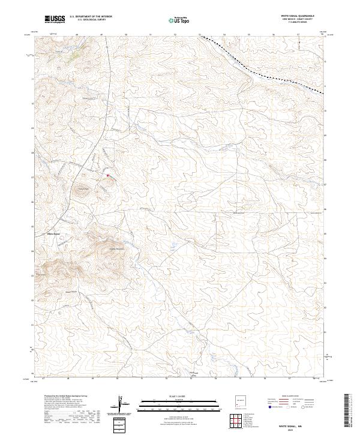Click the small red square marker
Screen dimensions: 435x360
108,176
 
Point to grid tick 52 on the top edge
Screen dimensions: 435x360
175,34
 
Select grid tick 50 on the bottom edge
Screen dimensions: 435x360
118,379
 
